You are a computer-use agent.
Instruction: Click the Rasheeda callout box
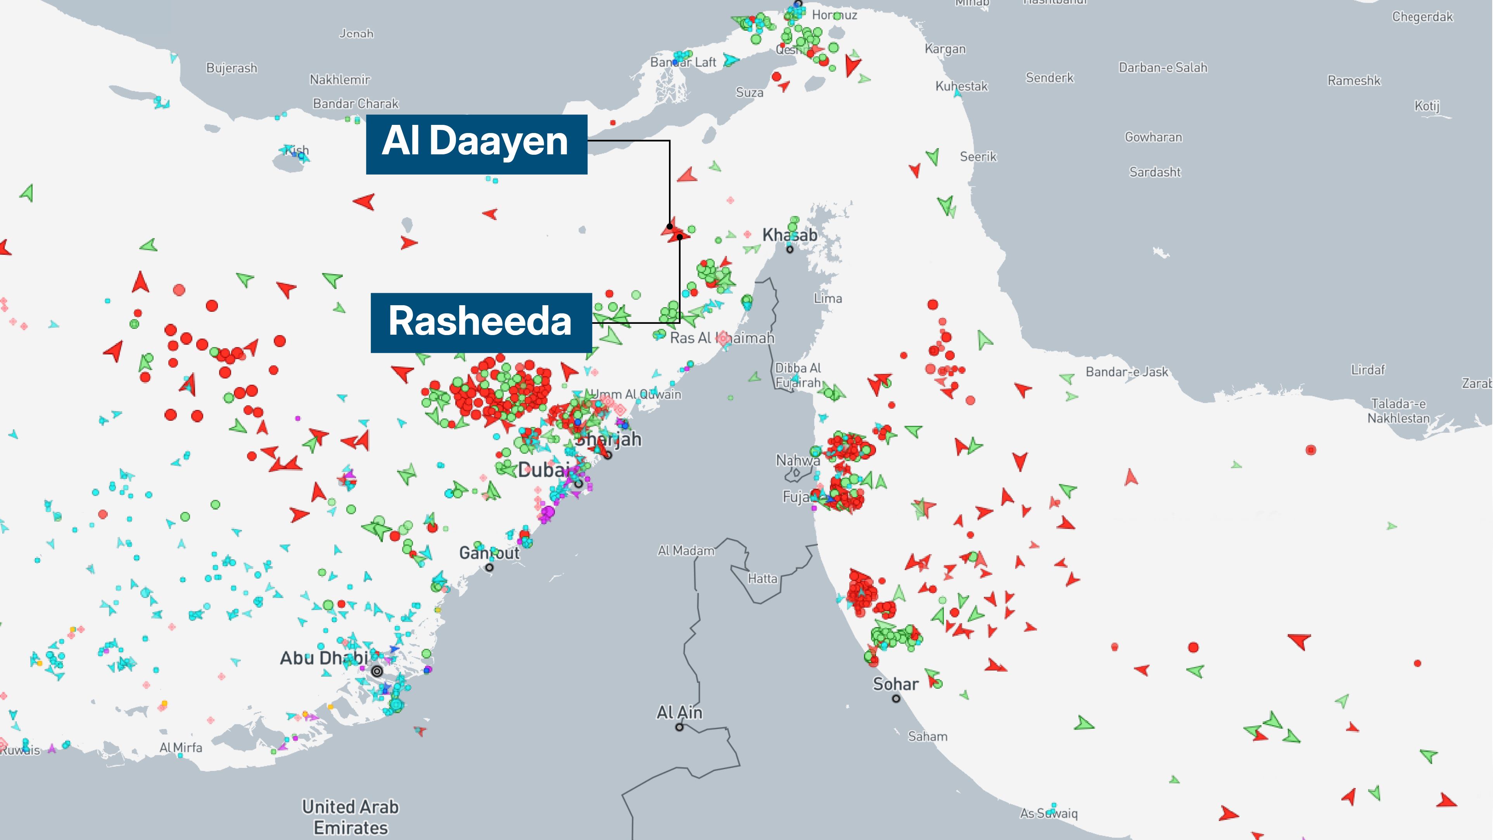coord(480,322)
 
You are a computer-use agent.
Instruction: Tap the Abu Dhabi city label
coord(323,658)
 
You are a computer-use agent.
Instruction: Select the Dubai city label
coord(543,470)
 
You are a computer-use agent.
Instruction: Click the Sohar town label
coord(895,684)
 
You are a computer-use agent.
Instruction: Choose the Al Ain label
coord(679,712)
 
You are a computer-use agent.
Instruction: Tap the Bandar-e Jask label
coord(1127,372)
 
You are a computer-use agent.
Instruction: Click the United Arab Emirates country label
coord(351,817)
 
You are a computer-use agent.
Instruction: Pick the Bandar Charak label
coord(356,104)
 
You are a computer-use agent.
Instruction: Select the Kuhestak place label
coord(961,86)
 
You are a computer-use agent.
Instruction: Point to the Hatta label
coord(762,579)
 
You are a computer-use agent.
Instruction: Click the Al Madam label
coord(686,551)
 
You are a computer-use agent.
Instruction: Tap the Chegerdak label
coord(1422,17)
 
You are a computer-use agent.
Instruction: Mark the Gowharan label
coord(1153,137)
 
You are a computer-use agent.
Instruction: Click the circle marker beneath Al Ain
coord(679,727)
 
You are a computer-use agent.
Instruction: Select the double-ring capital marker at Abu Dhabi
coord(377,671)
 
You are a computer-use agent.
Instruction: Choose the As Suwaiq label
coord(1049,813)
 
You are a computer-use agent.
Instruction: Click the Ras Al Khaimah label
coord(722,338)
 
